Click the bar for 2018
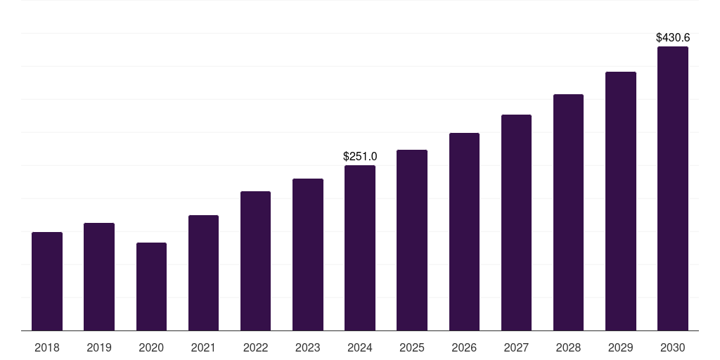[47, 281]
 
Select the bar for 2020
[151, 286]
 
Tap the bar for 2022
[255, 261]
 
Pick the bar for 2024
[360, 247]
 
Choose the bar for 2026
[464, 231]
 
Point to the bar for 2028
[568, 212]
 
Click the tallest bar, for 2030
[673, 188]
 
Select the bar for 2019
[99, 276]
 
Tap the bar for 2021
[203, 273]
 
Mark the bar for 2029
[621, 201]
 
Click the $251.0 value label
[360, 156]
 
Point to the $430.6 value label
[673, 38]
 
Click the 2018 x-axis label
[47, 347]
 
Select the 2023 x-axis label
[308, 347]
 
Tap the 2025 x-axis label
[412, 347]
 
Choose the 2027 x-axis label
[516, 347]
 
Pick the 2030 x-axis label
[673, 347]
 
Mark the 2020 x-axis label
[151, 347]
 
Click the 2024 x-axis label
[360, 347]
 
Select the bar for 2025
[412, 240]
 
